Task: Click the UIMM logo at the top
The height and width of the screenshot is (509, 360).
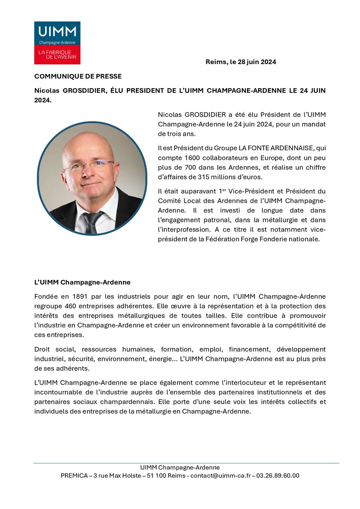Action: click(57, 43)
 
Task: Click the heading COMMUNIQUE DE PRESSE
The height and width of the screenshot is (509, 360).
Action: click(78, 76)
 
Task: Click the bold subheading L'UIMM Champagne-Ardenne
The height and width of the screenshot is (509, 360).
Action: click(82, 282)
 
